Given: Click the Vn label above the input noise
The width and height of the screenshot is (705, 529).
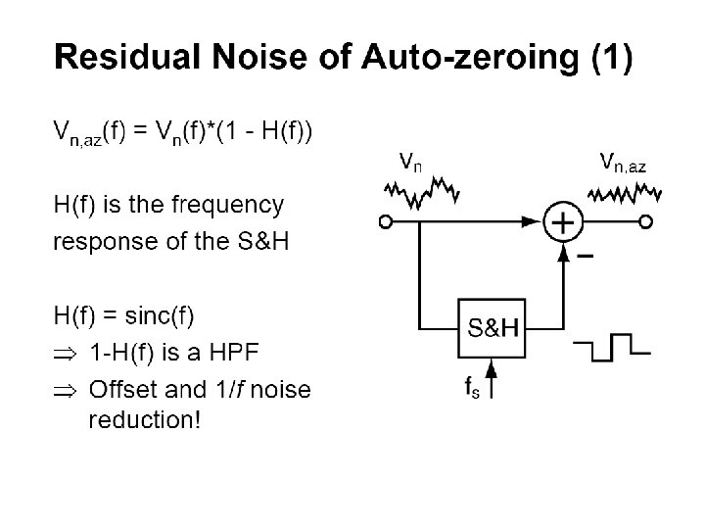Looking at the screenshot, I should (x=410, y=161).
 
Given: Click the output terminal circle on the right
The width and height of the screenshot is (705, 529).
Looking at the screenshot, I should (x=645, y=223).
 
